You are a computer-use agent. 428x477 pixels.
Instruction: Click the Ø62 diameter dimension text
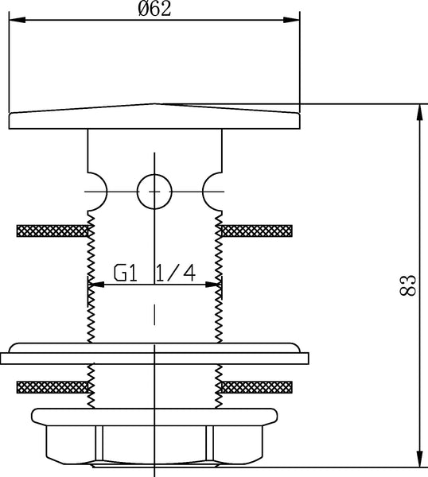pyautogui.click(x=154, y=9)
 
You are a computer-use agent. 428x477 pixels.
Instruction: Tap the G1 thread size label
pyautogui.click(x=126, y=273)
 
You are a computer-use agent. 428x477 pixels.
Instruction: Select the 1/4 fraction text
pyautogui.click(x=176, y=273)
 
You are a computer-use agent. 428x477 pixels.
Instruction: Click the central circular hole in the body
pyautogui.click(x=154, y=192)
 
